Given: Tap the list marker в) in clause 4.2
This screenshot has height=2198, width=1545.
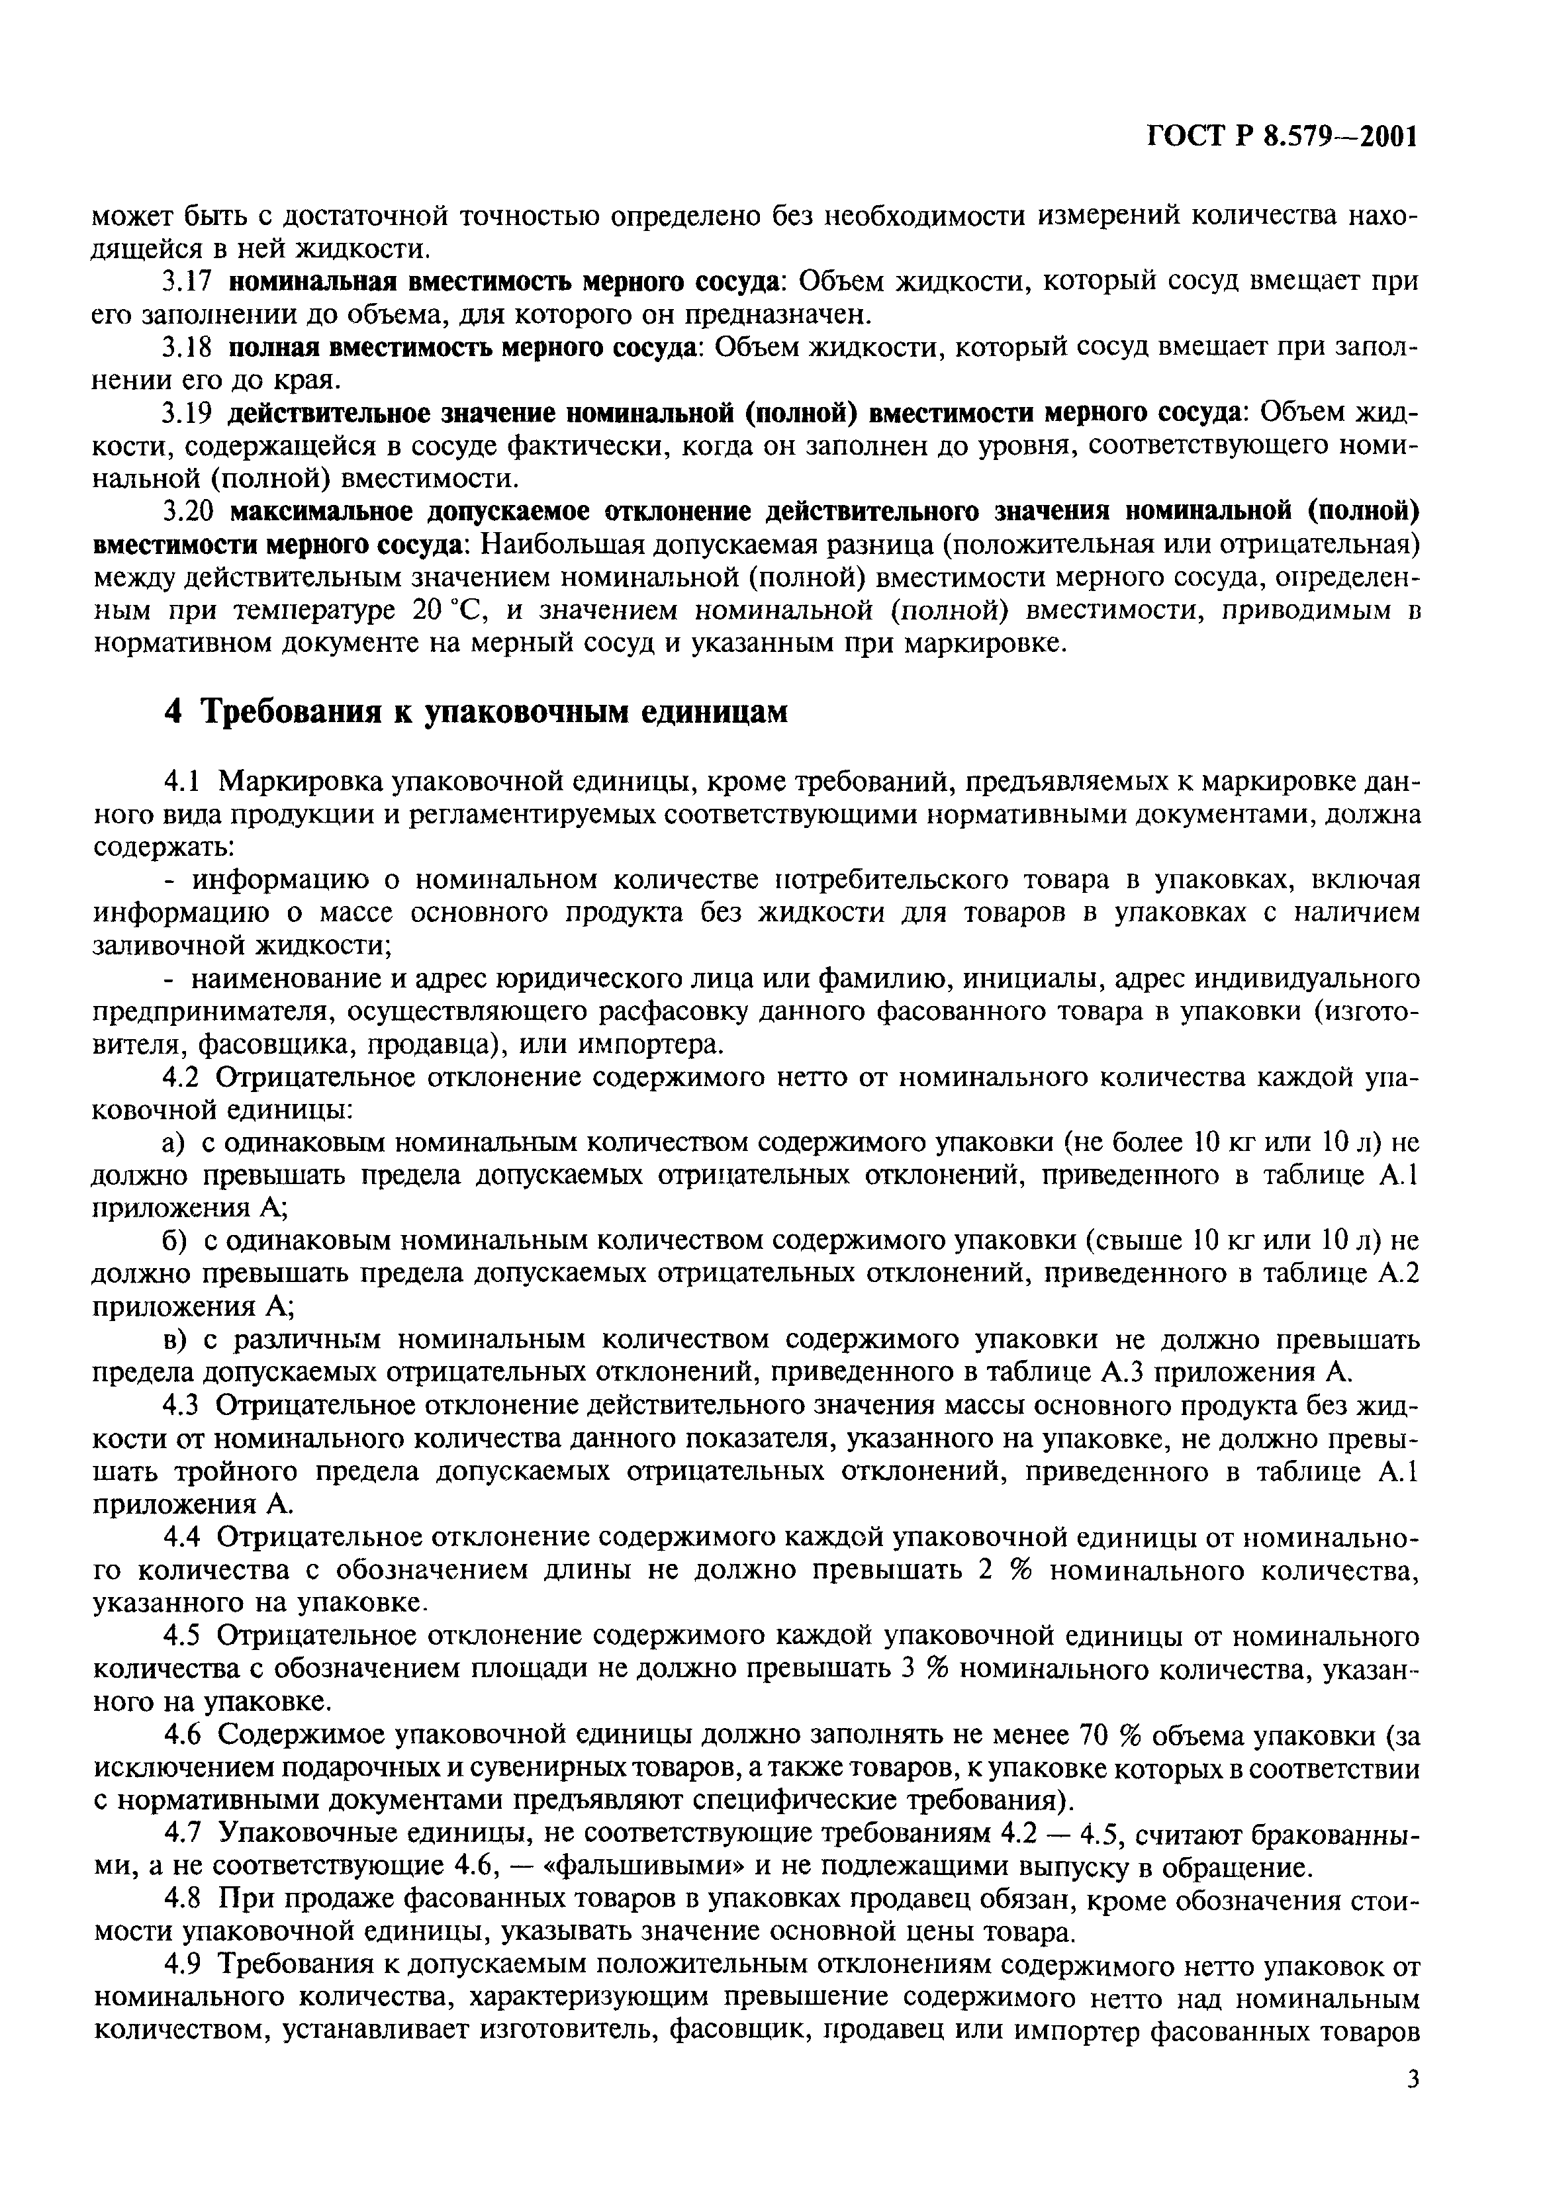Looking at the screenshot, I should pos(172,1338).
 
